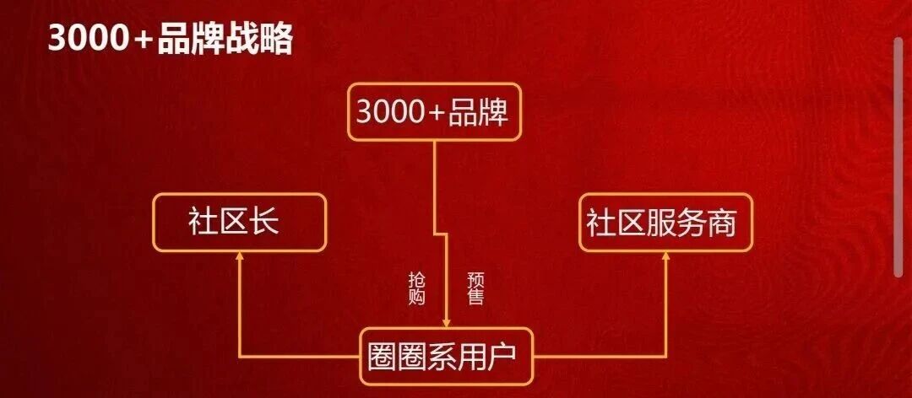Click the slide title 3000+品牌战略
(170, 40)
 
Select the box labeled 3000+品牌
(434, 112)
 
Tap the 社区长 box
(238, 223)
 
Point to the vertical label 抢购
(416, 288)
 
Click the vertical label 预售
(475, 288)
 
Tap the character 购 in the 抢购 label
(416, 297)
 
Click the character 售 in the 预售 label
(475, 297)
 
